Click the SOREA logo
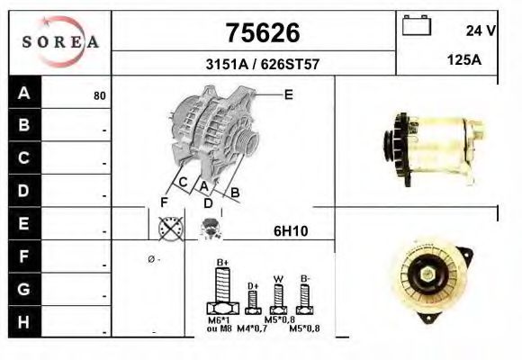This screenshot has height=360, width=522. coord(59,42)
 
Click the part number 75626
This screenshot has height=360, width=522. coord(261,33)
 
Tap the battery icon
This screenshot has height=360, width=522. coord(417,25)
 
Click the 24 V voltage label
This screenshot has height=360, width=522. coord(481,30)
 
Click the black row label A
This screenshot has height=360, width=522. coord(24,94)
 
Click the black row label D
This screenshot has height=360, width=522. coord(24,191)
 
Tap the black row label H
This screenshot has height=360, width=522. coord(24,321)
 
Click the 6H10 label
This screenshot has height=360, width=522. coord(291,231)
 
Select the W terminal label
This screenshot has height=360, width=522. coord(280,278)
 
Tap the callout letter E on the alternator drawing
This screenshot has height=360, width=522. coord(288,94)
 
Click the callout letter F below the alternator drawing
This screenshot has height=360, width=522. coord(165,202)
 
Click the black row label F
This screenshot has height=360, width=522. coord(24,256)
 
